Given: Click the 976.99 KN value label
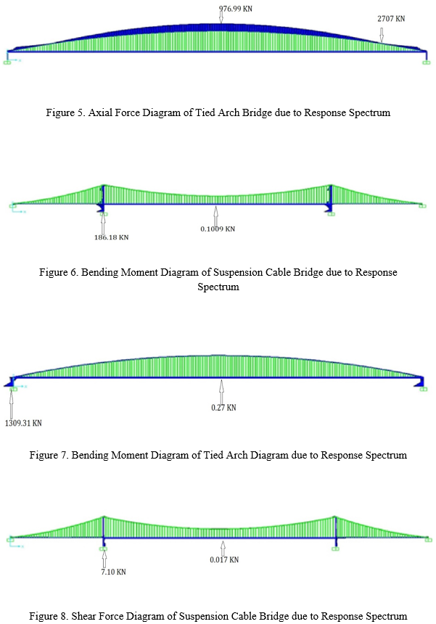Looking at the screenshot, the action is click(x=236, y=9).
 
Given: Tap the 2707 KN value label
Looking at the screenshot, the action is click(x=391, y=19).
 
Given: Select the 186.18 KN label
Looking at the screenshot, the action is click(x=112, y=237).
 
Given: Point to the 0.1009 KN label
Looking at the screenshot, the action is click(x=218, y=229).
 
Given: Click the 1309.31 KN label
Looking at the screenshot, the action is click(x=23, y=423).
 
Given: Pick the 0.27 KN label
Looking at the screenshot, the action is click(x=223, y=408).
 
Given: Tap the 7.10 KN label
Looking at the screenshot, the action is click(x=113, y=572).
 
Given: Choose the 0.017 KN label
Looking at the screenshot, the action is click(x=224, y=559).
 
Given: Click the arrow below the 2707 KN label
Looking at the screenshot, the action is click(x=382, y=35).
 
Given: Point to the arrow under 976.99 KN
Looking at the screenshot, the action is click(x=221, y=16).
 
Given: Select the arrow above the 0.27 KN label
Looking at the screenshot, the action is click(x=221, y=392).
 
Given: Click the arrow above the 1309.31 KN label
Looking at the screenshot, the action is click(x=12, y=404).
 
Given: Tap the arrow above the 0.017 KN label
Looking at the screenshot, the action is click(x=223, y=549).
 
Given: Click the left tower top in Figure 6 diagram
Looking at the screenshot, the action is click(x=104, y=186).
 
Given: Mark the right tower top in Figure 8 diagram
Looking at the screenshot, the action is click(x=335, y=517).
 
